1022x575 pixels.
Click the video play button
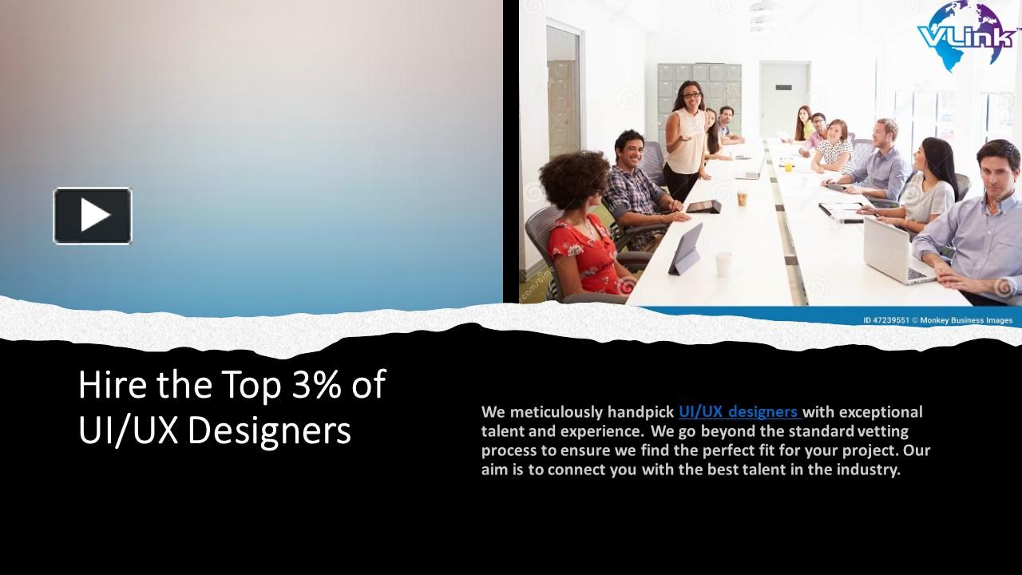[x=93, y=215]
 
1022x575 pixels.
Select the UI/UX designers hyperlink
[x=739, y=412]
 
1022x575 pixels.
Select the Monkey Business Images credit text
[x=966, y=320]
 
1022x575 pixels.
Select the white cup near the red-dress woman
[x=723, y=264]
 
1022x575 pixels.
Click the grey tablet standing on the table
[x=686, y=249]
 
